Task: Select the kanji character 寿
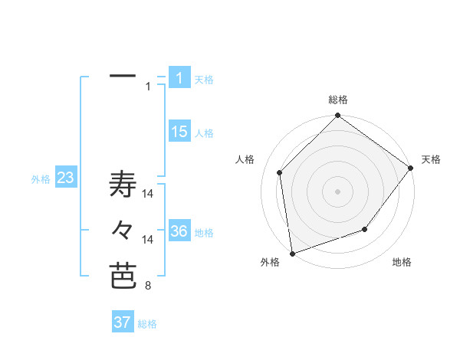coord(123,185)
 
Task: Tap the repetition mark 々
coord(123,229)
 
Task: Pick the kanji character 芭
coord(123,276)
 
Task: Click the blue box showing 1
coord(179,77)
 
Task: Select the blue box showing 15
coord(179,132)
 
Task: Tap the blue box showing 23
coord(65,178)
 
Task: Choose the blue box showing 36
coord(179,231)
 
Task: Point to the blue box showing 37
coord(122,322)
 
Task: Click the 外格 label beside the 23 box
coord(41,179)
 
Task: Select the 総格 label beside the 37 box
coord(147,324)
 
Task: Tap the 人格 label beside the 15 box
coord(204,133)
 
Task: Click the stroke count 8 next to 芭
coord(147,286)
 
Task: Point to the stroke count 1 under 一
coord(148,87)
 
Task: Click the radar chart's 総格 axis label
coord(338,100)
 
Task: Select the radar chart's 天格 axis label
coord(431,159)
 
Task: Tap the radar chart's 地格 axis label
coord(402,262)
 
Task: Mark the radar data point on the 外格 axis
coord(292,253)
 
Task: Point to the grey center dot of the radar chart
coord(337,191)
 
